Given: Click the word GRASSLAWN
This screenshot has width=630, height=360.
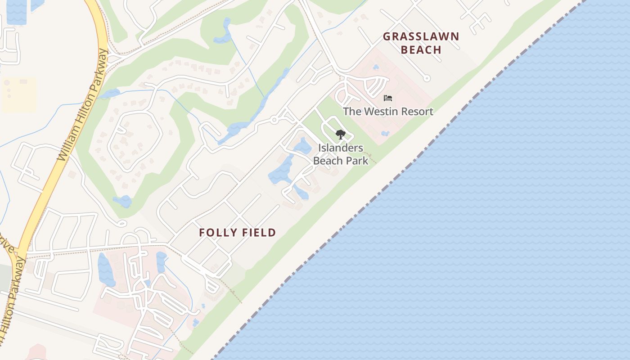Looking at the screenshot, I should coord(421,37).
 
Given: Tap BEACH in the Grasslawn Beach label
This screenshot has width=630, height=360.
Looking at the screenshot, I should coord(421,50).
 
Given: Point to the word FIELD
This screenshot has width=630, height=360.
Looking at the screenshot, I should coord(259,233).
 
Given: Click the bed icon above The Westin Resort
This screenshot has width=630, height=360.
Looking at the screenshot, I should coord(388,98).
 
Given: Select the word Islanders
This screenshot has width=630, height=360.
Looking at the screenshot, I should coord(341,148).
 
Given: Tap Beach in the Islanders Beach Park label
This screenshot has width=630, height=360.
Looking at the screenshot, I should coord(330,160).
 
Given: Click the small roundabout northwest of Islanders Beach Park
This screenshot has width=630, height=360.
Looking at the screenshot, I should coord(274,120).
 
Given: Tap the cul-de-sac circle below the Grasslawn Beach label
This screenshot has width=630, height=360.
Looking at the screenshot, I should coord(427,78).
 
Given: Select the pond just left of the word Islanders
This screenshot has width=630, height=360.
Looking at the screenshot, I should coord(302,146).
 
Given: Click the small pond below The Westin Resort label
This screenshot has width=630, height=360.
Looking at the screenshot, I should coord(385,134).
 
